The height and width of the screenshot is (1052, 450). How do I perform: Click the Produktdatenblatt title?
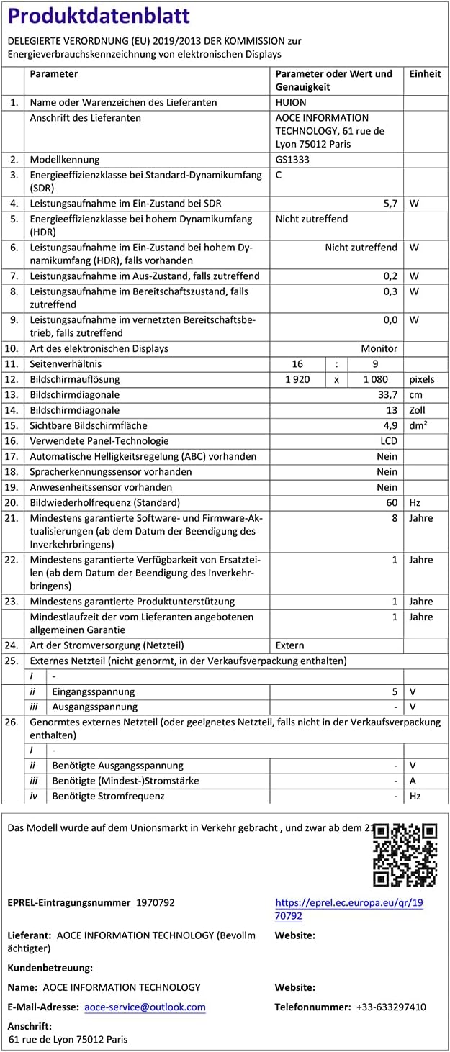pos(99,16)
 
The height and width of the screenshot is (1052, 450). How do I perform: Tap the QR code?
pos(405,855)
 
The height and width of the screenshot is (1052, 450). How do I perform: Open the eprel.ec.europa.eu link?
pos(348,909)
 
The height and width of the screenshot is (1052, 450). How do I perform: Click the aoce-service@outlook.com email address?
pos(145,1007)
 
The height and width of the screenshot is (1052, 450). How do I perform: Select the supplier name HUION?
pos(291,103)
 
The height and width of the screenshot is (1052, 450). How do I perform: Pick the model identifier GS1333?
pos(292,160)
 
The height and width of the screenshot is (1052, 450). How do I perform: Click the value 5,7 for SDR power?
pos(390,204)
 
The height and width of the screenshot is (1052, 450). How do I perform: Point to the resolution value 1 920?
pos(297,379)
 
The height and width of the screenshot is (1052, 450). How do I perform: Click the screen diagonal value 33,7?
pos(387,395)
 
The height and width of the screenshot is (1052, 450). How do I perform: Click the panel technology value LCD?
pos(388,441)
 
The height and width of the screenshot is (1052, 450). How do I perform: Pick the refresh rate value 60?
pos(392,502)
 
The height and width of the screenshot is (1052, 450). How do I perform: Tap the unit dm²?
pos(418,425)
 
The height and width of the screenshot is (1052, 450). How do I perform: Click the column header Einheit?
pos(425,74)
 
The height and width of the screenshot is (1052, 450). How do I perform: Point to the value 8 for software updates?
pos(395,518)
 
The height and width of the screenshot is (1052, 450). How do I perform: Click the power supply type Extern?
pos(289,645)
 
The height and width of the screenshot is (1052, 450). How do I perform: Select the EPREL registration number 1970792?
pos(155,902)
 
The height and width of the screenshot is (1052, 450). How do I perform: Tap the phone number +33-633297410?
pos(391,1007)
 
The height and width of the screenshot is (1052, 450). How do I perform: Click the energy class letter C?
pos(279,175)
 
